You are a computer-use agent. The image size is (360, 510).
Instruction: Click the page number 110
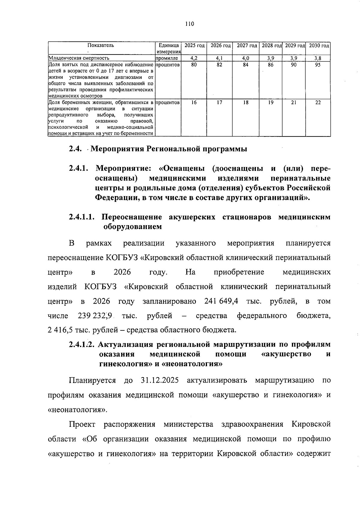(x=190, y=24)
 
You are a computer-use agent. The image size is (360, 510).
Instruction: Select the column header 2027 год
(x=247, y=46)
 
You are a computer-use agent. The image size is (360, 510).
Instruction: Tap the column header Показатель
(x=101, y=46)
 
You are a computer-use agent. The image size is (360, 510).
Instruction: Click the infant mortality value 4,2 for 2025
(x=194, y=58)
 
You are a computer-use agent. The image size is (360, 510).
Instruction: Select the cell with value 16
(x=194, y=102)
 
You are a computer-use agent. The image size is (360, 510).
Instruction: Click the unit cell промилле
(x=167, y=58)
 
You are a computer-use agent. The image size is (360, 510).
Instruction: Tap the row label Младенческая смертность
(x=79, y=58)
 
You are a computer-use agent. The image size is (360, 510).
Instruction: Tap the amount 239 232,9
(x=95, y=315)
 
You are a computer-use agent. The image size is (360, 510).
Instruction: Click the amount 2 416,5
(x=60, y=330)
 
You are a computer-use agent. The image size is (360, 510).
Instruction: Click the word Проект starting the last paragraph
(x=82, y=424)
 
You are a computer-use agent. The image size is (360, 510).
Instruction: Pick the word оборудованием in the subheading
(x=133, y=227)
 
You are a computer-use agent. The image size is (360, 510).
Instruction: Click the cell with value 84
(x=246, y=64)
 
